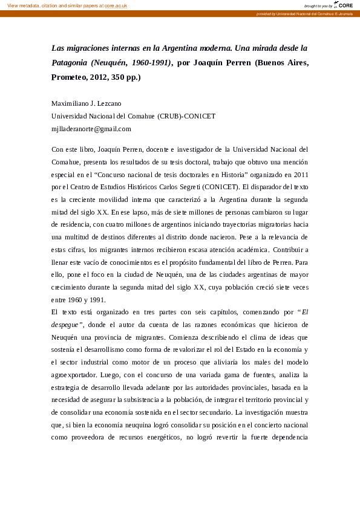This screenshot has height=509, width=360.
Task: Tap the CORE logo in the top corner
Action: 344,5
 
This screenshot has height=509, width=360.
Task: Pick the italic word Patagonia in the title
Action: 70,62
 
